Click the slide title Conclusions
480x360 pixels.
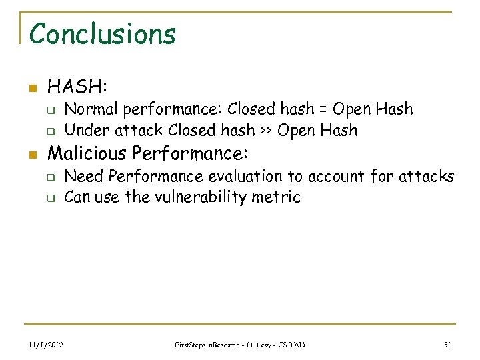[102, 33]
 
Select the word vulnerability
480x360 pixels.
[204, 197]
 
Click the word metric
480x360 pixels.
[278, 197]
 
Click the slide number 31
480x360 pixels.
[447, 344]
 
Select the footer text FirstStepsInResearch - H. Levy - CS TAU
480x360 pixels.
[239, 344]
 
